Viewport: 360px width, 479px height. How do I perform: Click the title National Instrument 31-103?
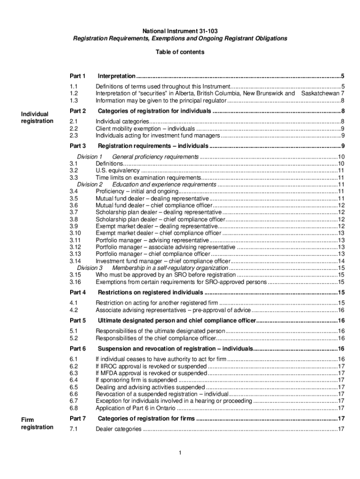tap(180, 31)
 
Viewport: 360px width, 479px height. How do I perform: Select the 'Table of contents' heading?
tap(180, 52)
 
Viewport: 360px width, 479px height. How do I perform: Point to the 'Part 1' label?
tap(78, 76)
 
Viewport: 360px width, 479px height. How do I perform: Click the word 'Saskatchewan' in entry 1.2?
tap(320, 93)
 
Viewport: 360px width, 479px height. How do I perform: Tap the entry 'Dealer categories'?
tap(118, 429)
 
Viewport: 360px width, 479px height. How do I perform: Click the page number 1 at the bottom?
tap(180, 453)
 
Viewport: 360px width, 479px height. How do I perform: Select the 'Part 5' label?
tap(78, 320)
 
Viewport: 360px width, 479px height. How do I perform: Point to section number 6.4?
tap(73, 380)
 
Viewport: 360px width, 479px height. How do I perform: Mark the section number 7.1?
tap(73, 429)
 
